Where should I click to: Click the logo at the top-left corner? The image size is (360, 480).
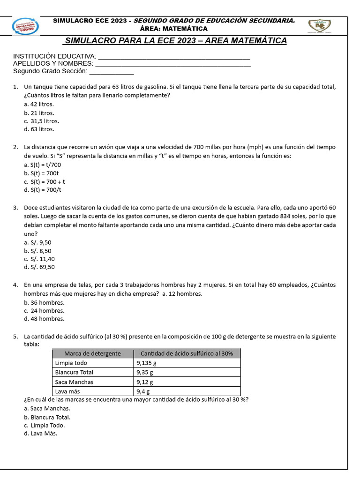(x=26, y=26)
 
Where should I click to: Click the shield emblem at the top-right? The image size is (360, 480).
(x=322, y=26)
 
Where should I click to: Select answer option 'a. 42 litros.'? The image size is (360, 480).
(x=39, y=104)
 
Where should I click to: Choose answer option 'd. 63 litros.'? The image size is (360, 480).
(x=39, y=129)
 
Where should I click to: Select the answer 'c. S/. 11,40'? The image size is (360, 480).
(x=39, y=259)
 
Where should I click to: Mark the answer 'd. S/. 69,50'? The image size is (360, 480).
(x=39, y=267)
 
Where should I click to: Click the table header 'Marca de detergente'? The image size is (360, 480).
(x=92, y=353)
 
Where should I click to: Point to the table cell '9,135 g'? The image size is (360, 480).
(x=146, y=363)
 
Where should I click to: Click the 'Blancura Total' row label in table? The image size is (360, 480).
(x=74, y=372)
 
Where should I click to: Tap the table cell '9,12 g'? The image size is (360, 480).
(x=144, y=382)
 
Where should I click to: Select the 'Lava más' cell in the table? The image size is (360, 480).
(x=67, y=391)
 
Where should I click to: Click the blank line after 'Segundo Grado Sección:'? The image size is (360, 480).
(x=112, y=73)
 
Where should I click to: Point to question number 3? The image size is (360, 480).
(x=15, y=208)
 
